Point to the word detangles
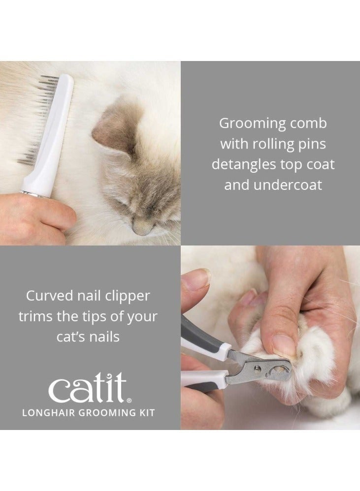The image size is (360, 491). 242,164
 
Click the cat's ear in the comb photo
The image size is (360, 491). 114,127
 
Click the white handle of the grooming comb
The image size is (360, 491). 52,138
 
